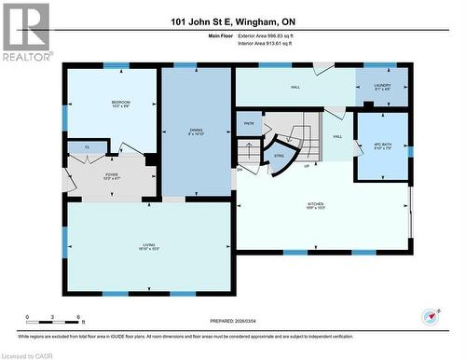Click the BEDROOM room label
click(121, 104)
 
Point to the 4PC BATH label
click(382, 144)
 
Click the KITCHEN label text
click(316, 206)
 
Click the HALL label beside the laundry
click(295, 87)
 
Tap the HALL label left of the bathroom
click(337, 137)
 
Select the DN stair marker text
click(240, 169)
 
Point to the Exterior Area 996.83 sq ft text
click(265, 35)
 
